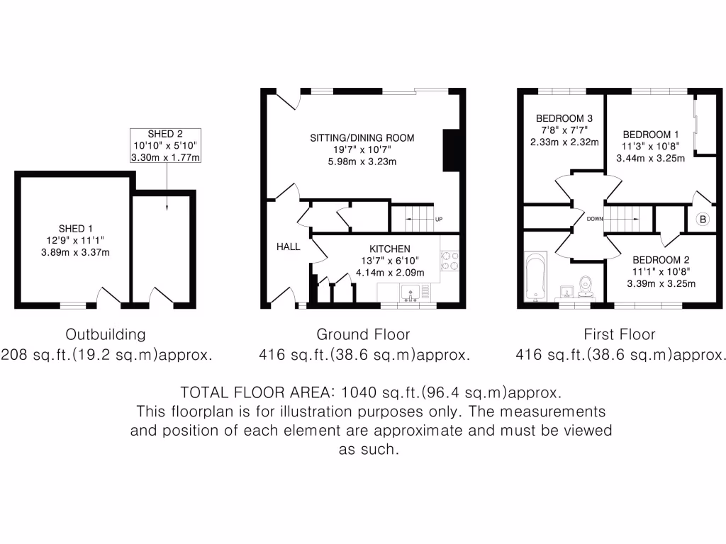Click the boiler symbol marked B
pyautogui.click(x=703, y=220)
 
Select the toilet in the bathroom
pyautogui.click(x=586, y=285)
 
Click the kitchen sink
pyautogui.click(x=411, y=291)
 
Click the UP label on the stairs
pyautogui.click(x=439, y=219)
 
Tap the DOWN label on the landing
pyautogui.click(x=594, y=219)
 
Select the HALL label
pyautogui.click(x=289, y=247)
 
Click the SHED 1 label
pyautogui.click(x=75, y=228)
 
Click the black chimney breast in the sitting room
pyautogui.click(x=451, y=150)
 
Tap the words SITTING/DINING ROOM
pyautogui.click(x=362, y=137)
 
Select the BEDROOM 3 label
pyautogui.click(x=564, y=118)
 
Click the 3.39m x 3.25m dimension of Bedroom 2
pyautogui.click(x=661, y=284)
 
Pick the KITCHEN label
pyautogui.click(x=389, y=249)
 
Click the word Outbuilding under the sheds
pyautogui.click(x=106, y=334)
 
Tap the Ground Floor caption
pyautogui.click(x=363, y=334)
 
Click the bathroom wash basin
pyautogui.click(x=566, y=290)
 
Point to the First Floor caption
pyautogui.click(x=620, y=334)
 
